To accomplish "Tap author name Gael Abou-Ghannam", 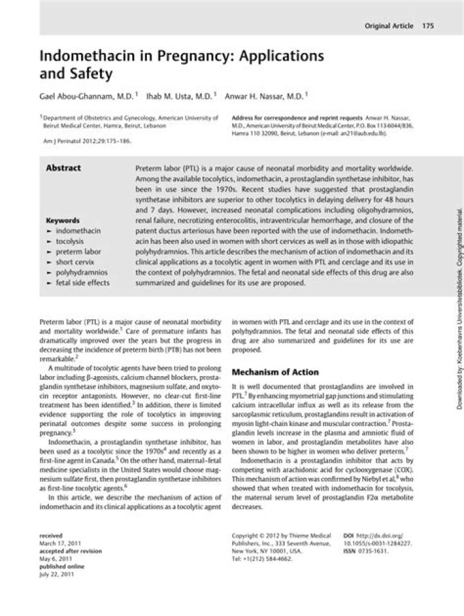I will (86, 95).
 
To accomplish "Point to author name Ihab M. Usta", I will (179, 95).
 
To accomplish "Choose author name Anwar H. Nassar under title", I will (264, 95).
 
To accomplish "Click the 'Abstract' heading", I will (63, 168).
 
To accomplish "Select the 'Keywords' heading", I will (63, 219).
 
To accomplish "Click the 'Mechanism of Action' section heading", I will (275, 372).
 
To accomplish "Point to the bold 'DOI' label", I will (349, 535).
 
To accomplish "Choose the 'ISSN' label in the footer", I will (350, 551).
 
